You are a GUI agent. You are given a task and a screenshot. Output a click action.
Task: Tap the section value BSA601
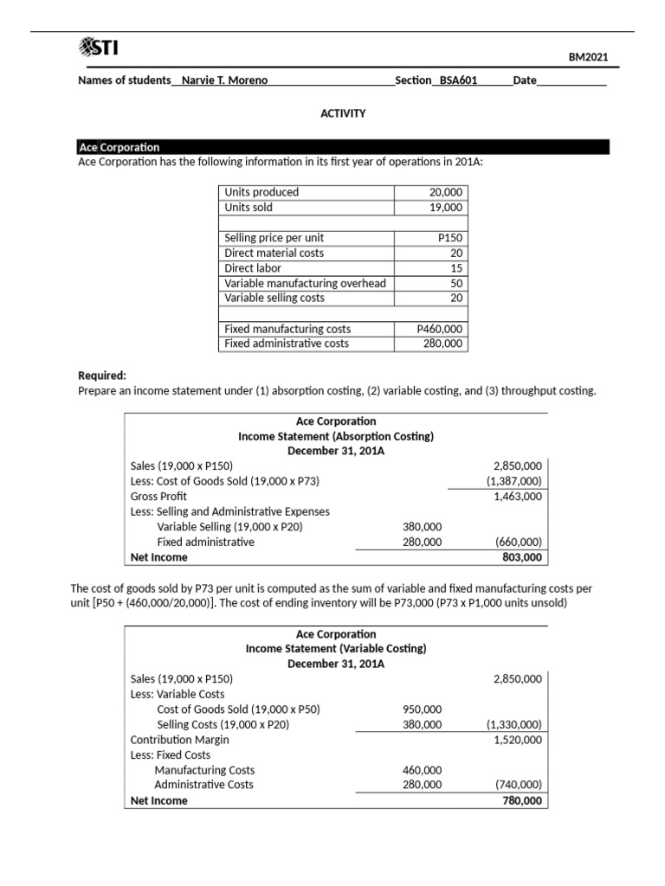click(458, 80)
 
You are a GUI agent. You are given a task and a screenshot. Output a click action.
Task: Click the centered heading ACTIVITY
click(343, 113)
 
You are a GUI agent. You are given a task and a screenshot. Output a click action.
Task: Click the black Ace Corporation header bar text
click(119, 147)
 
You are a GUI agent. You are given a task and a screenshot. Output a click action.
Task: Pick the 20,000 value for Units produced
click(446, 192)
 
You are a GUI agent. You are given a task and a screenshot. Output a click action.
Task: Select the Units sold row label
click(249, 208)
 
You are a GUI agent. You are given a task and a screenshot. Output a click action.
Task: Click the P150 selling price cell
click(450, 237)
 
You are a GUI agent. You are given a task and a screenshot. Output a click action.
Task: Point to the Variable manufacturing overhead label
click(305, 283)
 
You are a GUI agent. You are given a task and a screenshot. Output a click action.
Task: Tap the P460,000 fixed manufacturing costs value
click(440, 329)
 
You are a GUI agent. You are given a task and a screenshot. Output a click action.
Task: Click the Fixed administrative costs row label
click(287, 343)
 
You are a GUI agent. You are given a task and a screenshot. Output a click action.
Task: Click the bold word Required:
click(102, 376)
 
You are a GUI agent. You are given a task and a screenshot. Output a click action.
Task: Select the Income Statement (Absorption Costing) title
click(336, 436)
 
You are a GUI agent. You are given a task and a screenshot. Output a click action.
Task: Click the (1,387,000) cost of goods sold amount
click(514, 481)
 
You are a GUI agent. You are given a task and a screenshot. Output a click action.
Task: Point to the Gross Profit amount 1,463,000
click(518, 496)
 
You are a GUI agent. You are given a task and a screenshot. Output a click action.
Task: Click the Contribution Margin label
click(179, 740)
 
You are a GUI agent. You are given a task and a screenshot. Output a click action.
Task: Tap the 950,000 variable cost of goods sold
click(422, 709)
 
